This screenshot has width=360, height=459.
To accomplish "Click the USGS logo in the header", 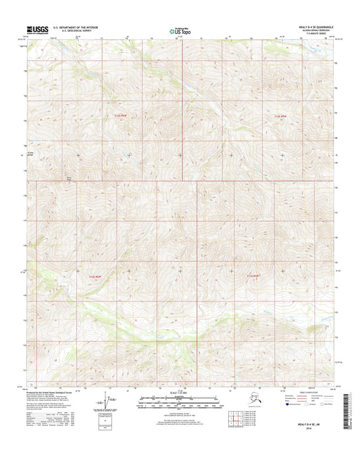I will [38, 30].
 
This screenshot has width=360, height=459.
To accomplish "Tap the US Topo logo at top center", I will [174, 30].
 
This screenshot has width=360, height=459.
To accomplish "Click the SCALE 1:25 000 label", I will [180, 393].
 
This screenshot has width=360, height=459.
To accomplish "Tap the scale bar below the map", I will [180, 402].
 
